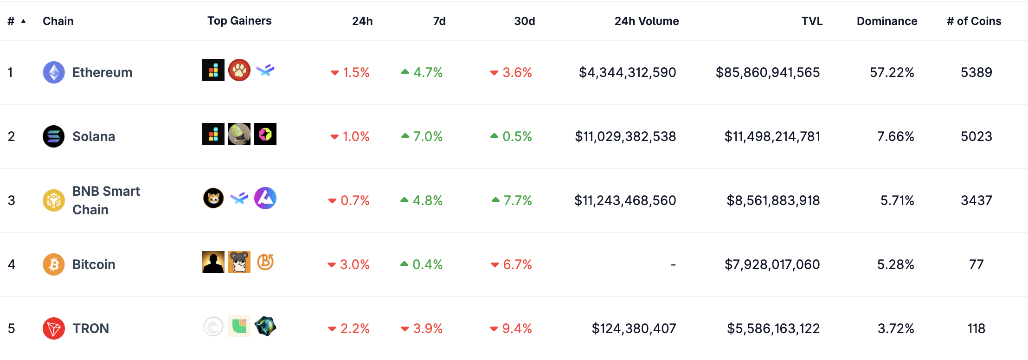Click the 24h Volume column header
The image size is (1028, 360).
(646, 21)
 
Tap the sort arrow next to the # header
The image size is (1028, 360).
(23, 21)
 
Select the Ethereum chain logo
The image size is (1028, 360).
(54, 72)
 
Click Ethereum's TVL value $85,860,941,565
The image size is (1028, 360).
(768, 72)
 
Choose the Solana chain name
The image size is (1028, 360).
(94, 136)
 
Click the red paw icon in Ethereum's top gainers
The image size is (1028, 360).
(239, 70)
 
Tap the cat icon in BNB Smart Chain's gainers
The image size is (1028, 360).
(213, 199)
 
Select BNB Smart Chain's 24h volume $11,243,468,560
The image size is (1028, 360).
(625, 200)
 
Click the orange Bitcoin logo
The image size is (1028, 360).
(54, 264)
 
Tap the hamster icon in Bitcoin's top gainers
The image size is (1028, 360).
(239, 262)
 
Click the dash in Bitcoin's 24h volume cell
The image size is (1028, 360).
(673, 264)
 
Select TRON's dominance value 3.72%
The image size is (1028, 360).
(895, 328)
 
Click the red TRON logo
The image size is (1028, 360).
(54, 328)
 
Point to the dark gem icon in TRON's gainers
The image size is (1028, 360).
(265, 326)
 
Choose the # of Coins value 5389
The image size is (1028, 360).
(976, 72)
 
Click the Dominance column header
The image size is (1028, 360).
(887, 21)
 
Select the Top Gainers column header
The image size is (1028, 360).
(239, 21)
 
